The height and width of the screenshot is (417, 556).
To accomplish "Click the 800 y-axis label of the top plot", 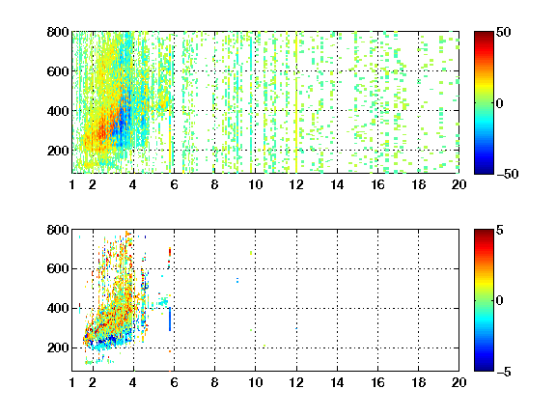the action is [x=58, y=32].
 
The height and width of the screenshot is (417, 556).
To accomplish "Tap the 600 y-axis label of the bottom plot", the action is [x=58, y=268].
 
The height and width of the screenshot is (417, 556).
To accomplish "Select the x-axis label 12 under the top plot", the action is [x=296, y=184].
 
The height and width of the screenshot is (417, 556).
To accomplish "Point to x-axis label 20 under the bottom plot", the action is [x=459, y=382].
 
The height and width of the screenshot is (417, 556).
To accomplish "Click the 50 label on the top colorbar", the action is [x=503, y=32].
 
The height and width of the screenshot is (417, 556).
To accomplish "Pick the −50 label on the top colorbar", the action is [x=507, y=174].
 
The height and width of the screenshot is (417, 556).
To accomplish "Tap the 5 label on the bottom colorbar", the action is [x=500, y=230].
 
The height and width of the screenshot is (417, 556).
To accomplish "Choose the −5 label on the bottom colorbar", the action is [x=504, y=372].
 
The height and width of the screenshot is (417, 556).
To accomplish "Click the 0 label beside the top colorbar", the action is [x=500, y=103].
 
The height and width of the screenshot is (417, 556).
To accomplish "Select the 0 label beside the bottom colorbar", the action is [x=500, y=301].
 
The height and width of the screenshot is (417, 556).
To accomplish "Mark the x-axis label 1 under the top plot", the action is [x=72, y=184].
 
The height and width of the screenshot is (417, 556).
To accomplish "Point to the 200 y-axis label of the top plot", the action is [x=58, y=151].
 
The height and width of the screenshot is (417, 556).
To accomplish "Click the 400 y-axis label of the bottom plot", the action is [x=58, y=308].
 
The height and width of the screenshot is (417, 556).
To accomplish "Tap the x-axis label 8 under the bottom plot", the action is [x=214, y=382].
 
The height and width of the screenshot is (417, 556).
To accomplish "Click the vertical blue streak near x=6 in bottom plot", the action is [x=170, y=320].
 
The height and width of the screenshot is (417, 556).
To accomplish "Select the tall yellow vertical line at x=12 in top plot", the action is [x=296, y=102].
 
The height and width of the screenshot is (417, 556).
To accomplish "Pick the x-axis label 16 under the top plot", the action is [x=377, y=184].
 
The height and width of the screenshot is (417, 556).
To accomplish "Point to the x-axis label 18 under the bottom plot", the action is [x=418, y=382].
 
